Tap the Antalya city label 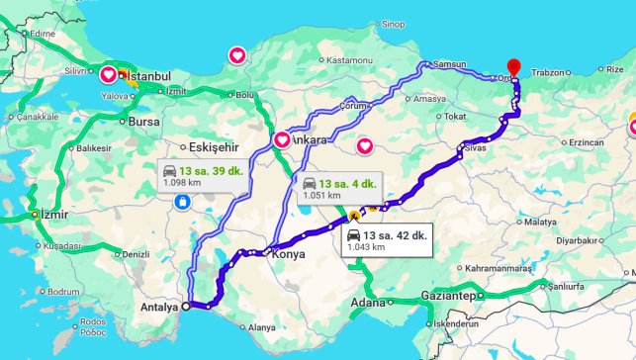(158, 307)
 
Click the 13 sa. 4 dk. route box (338, 188)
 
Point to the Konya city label (288, 254)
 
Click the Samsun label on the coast (449, 64)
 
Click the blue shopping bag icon (182, 203)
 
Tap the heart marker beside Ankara (281, 140)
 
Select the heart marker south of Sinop (237, 55)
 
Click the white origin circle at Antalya (187, 306)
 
